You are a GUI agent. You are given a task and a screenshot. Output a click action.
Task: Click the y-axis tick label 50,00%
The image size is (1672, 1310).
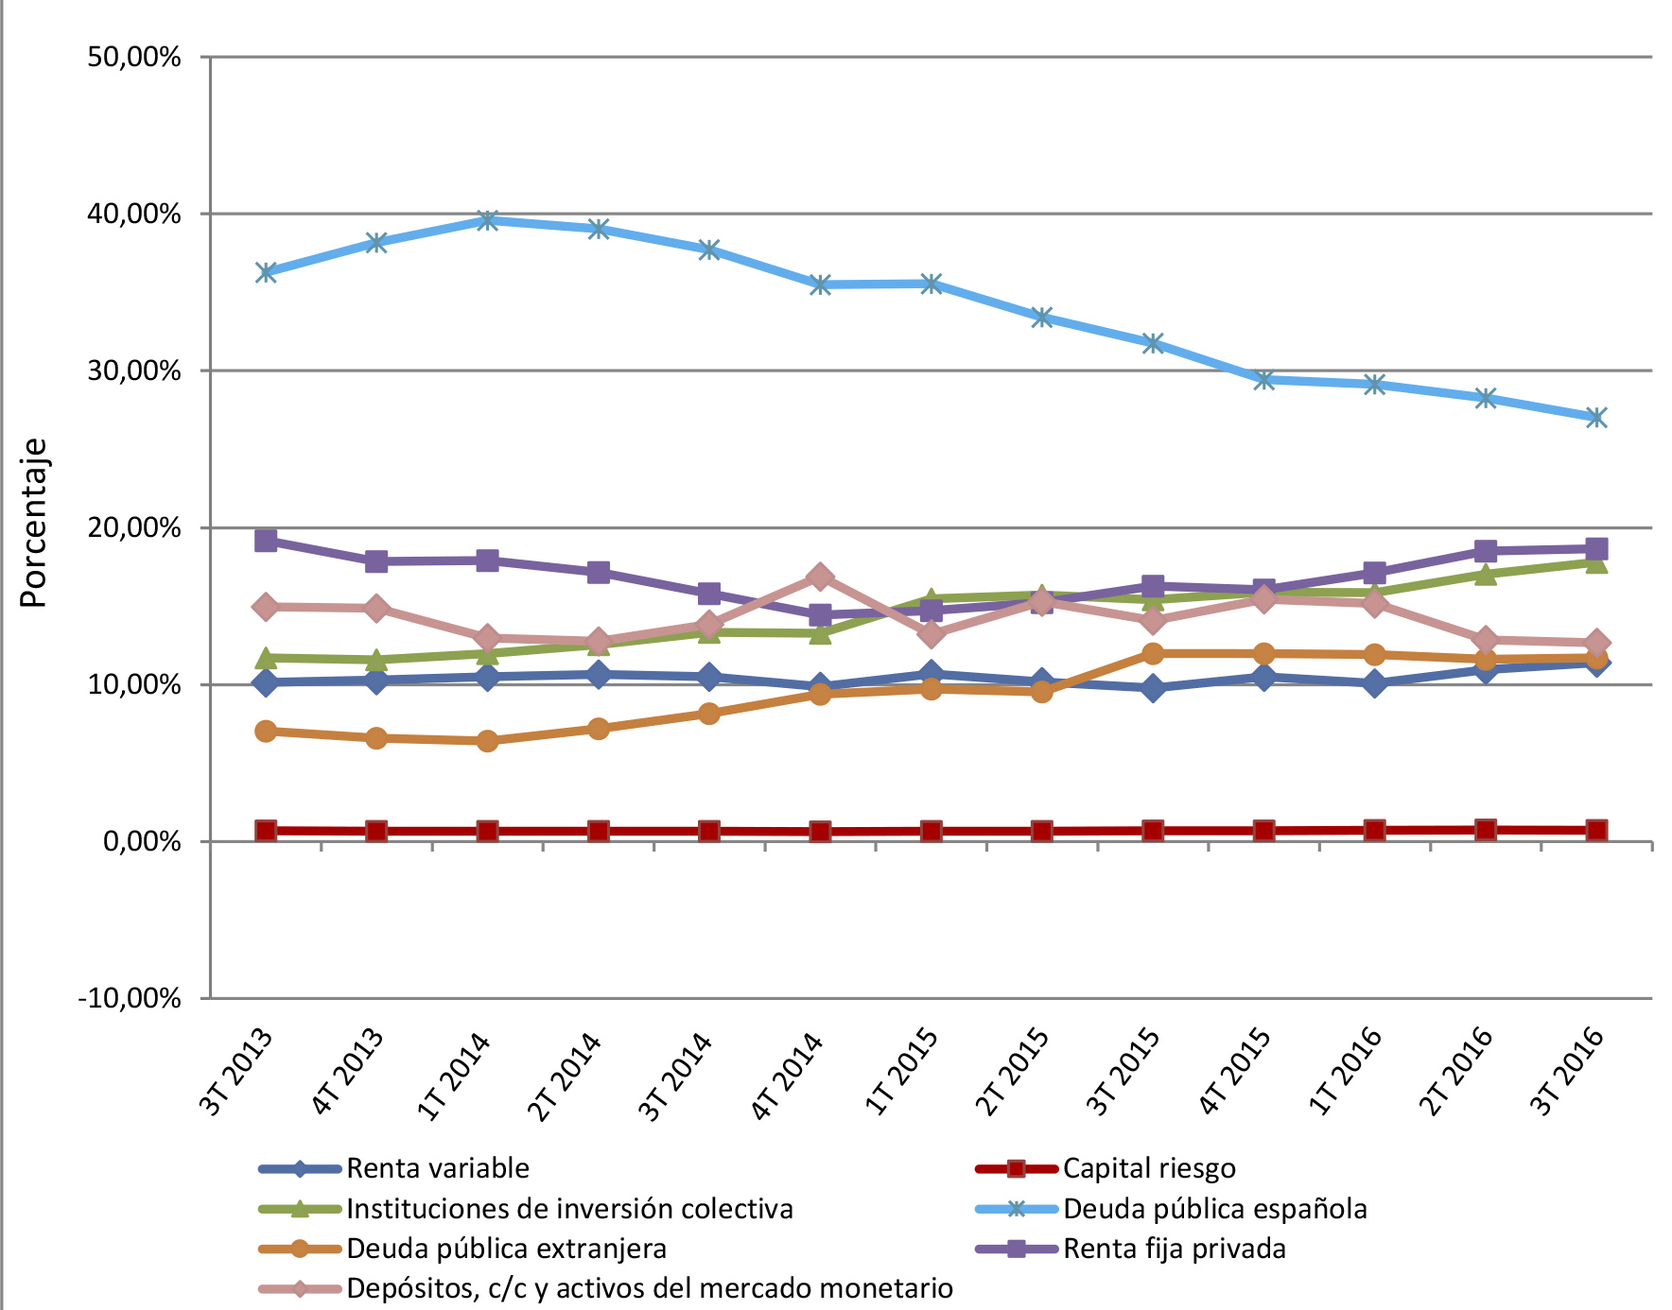pyautogui.click(x=134, y=58)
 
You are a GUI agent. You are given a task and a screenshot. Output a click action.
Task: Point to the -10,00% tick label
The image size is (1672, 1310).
pyautogui.click(x=130, y=998)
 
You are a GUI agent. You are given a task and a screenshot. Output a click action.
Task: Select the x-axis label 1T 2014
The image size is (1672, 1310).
pyautogui.click(x=455, y=1077)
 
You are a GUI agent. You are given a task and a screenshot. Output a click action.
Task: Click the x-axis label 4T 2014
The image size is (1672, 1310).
pyautogui.click(x=788, y=1077)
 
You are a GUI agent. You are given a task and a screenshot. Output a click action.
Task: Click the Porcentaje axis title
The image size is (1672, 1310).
pyautogui.click(x=34, y=523)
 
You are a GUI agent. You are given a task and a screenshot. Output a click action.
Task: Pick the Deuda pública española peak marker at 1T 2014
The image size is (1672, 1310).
pyautogui.click(x=488, y=220)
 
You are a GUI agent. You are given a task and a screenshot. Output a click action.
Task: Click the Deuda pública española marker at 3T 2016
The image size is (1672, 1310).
pyautogui.click(x=1596, y=417)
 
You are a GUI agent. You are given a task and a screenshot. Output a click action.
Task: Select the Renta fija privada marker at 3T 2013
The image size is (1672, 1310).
pyautogui.click(x=266, y=541)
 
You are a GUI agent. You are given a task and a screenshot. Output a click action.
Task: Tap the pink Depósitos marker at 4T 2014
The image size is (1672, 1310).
pyautogui.click(x=820, y=577)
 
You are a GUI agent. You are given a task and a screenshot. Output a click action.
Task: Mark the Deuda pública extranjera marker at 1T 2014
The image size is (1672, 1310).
pyautogui.click(x=488, y=741)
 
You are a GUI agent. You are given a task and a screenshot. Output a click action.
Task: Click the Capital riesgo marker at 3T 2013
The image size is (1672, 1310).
pyautogui.click(x=266, y=831)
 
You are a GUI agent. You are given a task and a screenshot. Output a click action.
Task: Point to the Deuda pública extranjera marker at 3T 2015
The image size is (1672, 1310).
pyautogui.click(x=1153, y=653)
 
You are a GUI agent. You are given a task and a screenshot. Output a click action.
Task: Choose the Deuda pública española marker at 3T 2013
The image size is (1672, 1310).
pyautogui.click(x=266, y=272)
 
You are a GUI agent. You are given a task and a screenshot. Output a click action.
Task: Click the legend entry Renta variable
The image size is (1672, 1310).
pyautogui.click(x=437, y=1168)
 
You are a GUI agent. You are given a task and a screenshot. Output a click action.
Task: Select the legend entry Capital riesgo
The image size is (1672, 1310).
pyautogui.click(x=1148, y=1168)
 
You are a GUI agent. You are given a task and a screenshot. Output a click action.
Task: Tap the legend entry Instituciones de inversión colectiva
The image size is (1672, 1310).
pyautogui.click(x=568, y=1209)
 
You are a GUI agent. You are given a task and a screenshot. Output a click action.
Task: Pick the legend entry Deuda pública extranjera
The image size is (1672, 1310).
pyautogui.click(x=506, y=1249)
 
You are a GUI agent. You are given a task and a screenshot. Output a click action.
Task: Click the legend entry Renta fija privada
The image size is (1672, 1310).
pyautogui.click(x=1174, y=1249)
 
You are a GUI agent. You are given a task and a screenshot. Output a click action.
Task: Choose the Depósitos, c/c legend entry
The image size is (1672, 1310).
pyautogui.click(x=649, y=1288)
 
